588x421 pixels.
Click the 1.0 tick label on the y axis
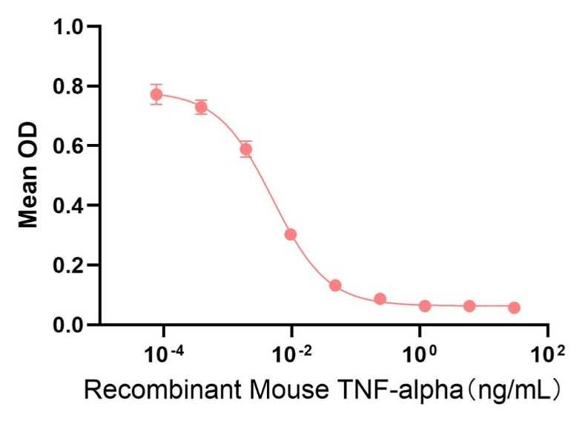click(68, 27)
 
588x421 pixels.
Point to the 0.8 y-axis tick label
click(68, 86)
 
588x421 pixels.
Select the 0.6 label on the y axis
click(68, 146)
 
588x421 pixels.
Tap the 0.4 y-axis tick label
click(68, 205)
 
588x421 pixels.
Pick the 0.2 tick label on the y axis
click(68, 265)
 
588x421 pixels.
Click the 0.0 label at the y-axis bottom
click(68, 324)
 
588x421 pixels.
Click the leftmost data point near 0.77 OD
click(156, 94)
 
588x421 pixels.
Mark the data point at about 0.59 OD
click(246, 149)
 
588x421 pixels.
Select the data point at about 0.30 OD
click(291, 235)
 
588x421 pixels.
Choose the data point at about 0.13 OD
click(335, 286)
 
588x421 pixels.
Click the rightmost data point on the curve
click(514, 307)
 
